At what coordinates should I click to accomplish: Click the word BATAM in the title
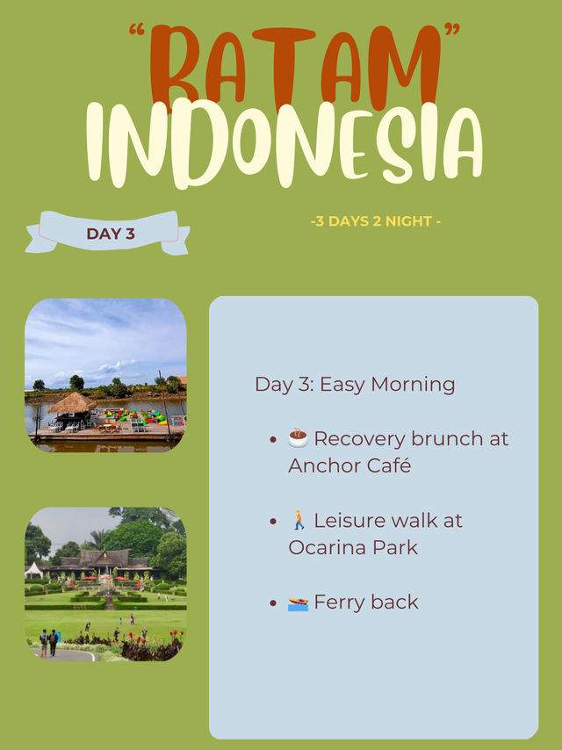pyautogui.click(x=295, y=67)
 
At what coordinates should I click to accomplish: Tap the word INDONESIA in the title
pyautogui.click(x=285, y=143)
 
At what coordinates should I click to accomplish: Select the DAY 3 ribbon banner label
pyautogui.click(x=111, y=234)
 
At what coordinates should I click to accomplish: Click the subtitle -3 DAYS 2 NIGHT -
pyautogui.click(x=376, y=221)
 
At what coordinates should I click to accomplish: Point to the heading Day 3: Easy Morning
pyautogui.click(x=355, y=385)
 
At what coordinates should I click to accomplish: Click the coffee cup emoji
pyautogui.click(x=298, y=438)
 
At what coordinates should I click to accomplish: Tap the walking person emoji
pyautogui.click(x=299, y=520)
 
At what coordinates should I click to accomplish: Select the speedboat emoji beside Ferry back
pyautogui.click(x=298, y=603)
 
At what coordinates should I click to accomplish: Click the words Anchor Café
pyautogui.click(x=349, y=465)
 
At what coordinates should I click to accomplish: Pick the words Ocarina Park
pyautogui.click(x=353, y=547)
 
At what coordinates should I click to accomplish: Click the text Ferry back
pyautogui.click(x=366, y=602)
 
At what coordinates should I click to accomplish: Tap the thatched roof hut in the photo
pyautogui.click(x=72, y=403)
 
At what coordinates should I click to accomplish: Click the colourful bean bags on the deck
pyautogui.click(x=136, y=415)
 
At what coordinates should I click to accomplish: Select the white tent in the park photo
pyautogui.click(x=33, y=570)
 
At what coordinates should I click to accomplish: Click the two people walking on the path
pyautogui.click(x=49, y=643)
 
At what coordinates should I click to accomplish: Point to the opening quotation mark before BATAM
pyautogui.click(x=137, y=30)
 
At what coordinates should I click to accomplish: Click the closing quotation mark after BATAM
pyautogui.click(x=452, y=29)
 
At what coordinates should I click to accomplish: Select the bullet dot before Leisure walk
pyautogui.click(x=273, y=521)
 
